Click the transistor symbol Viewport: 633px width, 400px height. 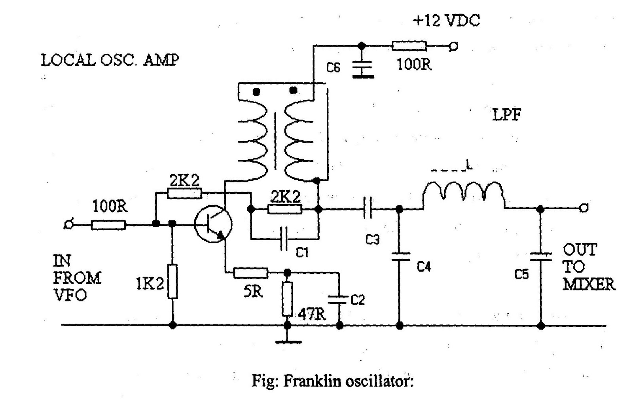coord(213,224)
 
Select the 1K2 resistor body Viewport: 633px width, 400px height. coord(172,281)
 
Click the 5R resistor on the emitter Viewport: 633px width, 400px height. coord(250,273)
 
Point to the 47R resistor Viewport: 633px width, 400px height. coord(288,299)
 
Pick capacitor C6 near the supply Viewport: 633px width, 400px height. coord(362,67)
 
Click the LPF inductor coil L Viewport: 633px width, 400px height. coord(464,193)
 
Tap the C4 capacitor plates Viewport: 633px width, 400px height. coord(400,256)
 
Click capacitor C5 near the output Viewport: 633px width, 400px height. coord(541,256)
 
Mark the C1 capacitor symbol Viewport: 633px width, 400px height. coord(284,239)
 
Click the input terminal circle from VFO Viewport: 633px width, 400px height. coord(68,225)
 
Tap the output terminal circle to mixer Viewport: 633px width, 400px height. coord(583,208)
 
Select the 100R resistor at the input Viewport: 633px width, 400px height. coord(108,225)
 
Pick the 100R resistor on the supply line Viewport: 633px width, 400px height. coord(409,46)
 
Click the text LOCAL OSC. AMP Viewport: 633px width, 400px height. coord(110,60)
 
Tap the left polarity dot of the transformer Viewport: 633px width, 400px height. coord(256,92)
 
